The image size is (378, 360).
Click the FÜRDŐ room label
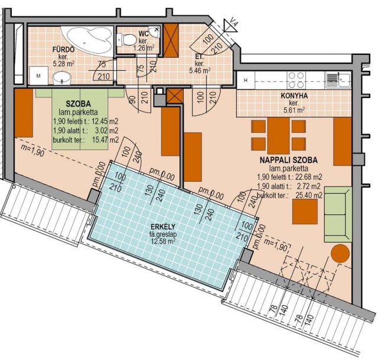pyautogui.click(x=63, y=50)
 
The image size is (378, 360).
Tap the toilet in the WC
pyautogui.click(x=126, y=40)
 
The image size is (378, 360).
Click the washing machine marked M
pyautogui.click(x=38, y=76)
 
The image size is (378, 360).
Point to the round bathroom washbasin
pyautogui.click(x=62, y=78)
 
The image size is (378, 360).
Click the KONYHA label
pyautogui.click(x=294, y=96)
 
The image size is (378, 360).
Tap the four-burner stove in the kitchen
pyautogui.click(x=296, y=80)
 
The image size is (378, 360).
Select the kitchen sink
pyautogui.click(x=337, y=80)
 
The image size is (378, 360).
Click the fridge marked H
pyautogui.click(x=246, y=80)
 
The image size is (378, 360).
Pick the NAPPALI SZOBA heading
pyautogui.click(x=288, y=160)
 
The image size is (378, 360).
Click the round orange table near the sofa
pyautogui.click(x=340, y=254)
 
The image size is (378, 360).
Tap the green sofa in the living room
pyautogui.click(x=337, y=214)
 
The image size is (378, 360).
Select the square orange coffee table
pyautogui.click(x=305, y=211)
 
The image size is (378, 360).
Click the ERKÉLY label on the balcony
pyautogui.click(x=163, y=227)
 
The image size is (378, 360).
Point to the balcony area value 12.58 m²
pyautogui.click(x=163, y=241)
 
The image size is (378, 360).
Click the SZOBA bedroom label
pyautogui.click(x=79, y=104)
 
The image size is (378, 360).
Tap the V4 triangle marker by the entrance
pyautogui.click(x=230, y=25)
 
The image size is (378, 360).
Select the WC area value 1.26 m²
pyautogui.click(x=144, y=48)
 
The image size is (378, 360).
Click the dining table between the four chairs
pyautogui.click(x=278, y=136)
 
